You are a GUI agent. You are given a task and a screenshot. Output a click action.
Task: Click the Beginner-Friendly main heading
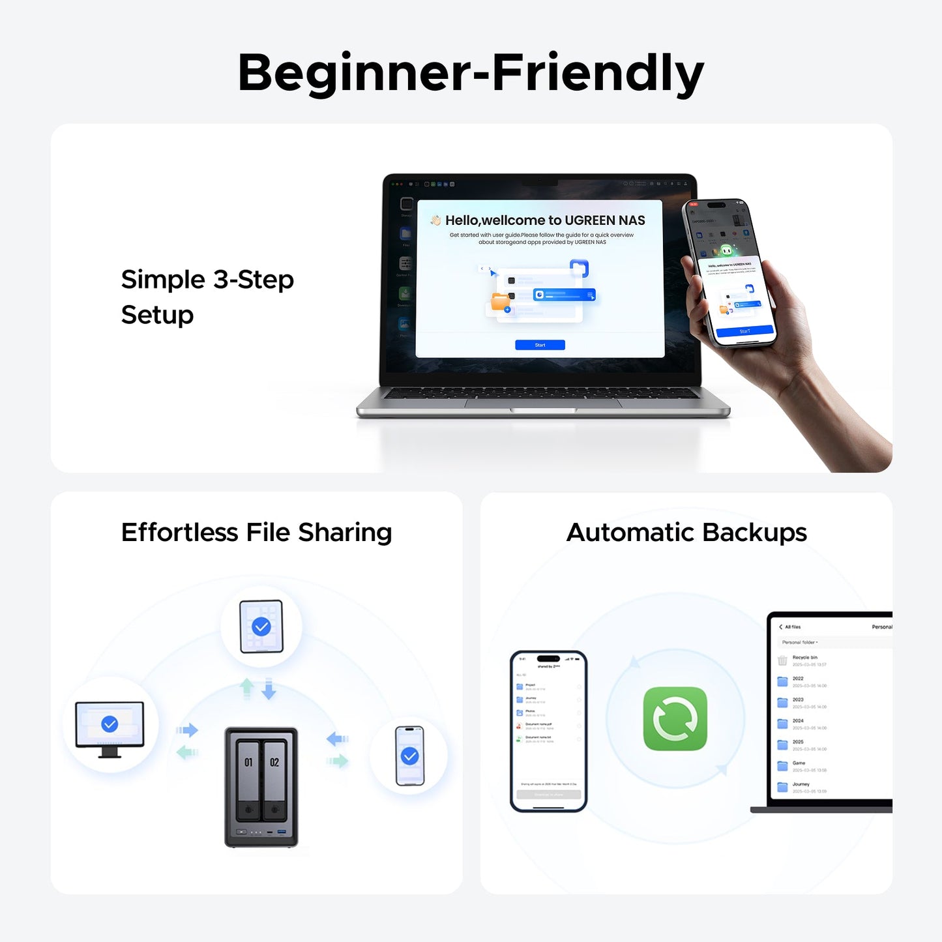point(471,73)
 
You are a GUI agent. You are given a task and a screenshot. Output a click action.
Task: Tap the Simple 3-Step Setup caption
point(207,297)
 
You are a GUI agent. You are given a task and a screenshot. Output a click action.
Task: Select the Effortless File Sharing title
point(256,533)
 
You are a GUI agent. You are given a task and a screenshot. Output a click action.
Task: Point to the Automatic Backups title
point(686,533)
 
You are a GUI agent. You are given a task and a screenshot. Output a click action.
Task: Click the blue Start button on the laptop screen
point(540,345)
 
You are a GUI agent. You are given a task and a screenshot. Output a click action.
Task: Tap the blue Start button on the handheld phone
point(744,331)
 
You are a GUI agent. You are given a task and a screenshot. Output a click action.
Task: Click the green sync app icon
point(675,718)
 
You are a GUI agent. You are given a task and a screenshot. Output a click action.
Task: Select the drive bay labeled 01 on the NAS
point(248,779)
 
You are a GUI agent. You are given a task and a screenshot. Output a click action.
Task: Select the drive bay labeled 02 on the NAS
point(274,779)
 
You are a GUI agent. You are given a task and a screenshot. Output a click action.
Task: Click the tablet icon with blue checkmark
point(261,626)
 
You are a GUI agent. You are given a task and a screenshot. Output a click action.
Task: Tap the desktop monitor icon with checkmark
point(110,725)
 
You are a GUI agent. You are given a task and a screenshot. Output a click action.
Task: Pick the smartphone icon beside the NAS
point(409,756)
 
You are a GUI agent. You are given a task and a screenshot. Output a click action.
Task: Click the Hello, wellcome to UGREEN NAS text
point(545,220)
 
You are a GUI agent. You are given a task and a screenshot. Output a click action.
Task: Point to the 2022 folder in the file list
point(798,679)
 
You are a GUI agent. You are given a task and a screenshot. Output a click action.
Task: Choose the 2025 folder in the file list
point(798,743)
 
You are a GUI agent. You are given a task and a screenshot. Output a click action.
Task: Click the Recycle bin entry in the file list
point(804,658)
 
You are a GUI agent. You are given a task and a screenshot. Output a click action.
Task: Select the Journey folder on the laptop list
point(801,785)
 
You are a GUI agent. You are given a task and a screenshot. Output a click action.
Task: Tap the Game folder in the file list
point(799,763)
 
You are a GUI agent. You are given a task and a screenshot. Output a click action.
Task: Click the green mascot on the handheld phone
point(726,250)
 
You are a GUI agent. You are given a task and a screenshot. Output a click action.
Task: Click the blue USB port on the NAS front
point(282,832)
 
